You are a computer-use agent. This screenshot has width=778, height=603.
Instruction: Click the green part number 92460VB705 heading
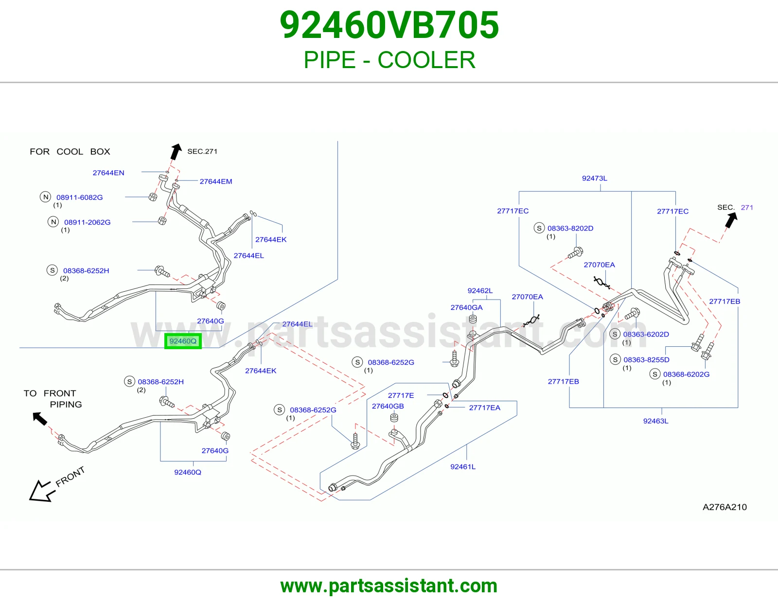(389, 25)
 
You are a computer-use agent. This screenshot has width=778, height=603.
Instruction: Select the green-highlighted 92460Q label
(183, 341)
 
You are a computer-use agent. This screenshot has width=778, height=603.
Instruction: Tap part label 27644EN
(108, 173)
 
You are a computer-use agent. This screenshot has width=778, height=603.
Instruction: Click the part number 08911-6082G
(79, 197)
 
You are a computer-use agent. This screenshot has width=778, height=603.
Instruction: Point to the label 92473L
(595, 178)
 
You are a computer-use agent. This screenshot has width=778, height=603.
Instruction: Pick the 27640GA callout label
(466, 307)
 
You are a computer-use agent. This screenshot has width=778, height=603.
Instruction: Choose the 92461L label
(463, 466)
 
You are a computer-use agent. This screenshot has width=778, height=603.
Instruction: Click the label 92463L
(656, 421)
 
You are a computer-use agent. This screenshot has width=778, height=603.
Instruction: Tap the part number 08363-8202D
(570, 228)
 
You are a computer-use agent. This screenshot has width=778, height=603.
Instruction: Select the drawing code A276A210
(725, 507)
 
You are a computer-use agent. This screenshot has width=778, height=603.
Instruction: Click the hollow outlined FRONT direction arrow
(42, 491)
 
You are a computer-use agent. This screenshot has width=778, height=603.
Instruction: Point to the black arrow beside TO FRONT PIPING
(40, 419)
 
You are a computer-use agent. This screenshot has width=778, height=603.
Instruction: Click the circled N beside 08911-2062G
(53, 222)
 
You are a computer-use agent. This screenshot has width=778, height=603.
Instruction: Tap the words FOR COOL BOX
(70, 151)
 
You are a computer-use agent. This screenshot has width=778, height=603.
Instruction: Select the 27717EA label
(485, 408)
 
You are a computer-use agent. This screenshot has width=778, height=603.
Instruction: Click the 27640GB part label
(388, 406)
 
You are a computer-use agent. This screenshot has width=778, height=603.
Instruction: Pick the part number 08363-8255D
(646, 359)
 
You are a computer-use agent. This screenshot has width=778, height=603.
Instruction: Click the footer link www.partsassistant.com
(389, 586)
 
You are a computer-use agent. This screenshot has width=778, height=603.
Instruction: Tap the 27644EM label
(216, 181)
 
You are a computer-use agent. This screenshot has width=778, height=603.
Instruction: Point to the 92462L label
(480, 290)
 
